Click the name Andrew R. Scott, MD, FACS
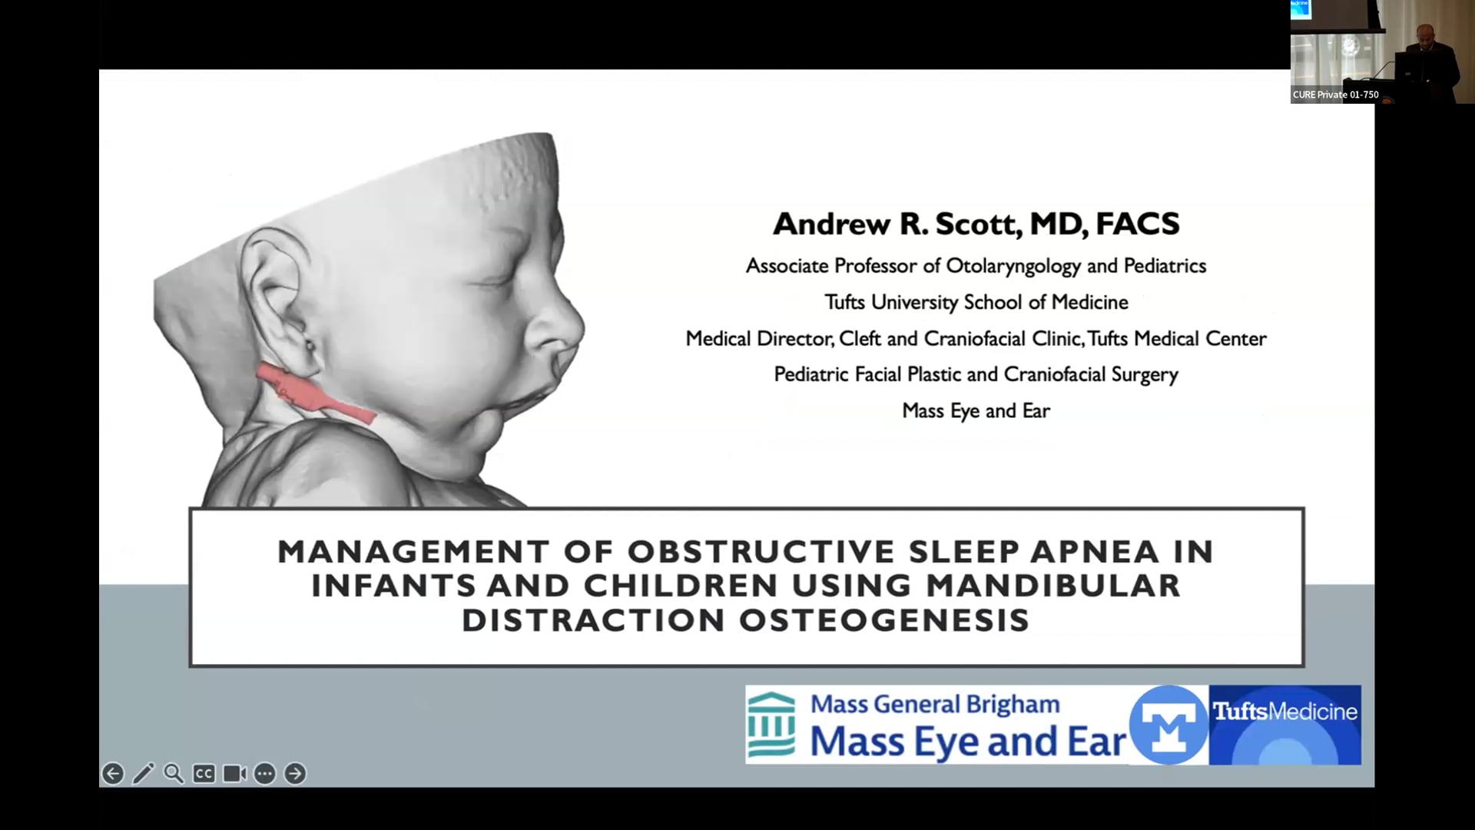click(x=976, y=224)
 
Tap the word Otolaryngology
click(x=1013, y=266)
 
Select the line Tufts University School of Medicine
click(x=976, y=302)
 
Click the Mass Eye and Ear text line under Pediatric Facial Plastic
click(x=976, y=411)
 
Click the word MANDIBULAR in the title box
click(x=1052, y=586)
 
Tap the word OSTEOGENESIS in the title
click(x=884, y=620)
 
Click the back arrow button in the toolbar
click(x=113, y=774)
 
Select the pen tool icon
click(x=144, y=774)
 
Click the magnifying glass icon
click(x=174, y=774)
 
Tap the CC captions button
click(x=204, y=774)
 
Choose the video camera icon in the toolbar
click(x=234, y=774)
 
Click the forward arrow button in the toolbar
click(x=295, y=774)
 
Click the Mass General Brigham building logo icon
click(x=772, y=724)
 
